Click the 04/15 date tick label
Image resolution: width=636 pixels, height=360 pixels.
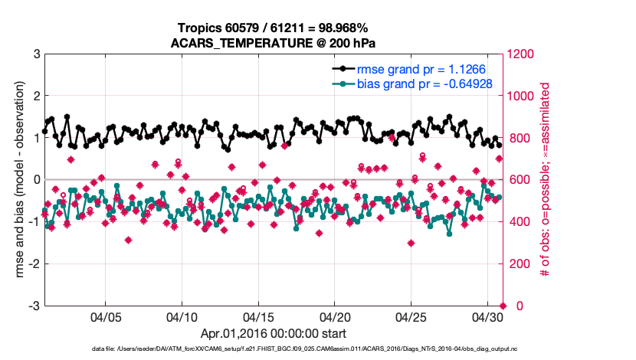259,317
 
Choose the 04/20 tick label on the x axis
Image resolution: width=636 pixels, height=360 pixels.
336,317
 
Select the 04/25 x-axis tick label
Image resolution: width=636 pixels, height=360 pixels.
412,317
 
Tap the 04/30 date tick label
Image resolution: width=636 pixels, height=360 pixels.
488,317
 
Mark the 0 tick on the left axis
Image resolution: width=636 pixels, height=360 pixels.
36,180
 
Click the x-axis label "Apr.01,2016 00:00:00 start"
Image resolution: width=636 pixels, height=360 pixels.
274,334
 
